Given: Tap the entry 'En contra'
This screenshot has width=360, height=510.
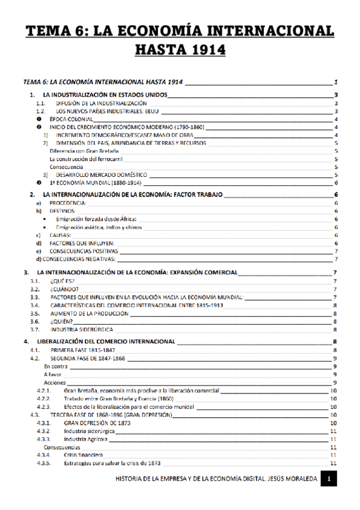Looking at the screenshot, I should coord(56,366).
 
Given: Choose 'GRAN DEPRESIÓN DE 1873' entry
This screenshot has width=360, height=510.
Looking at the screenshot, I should coord(97,423).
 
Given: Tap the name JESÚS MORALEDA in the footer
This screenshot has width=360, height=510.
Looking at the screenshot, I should coord(291,479).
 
